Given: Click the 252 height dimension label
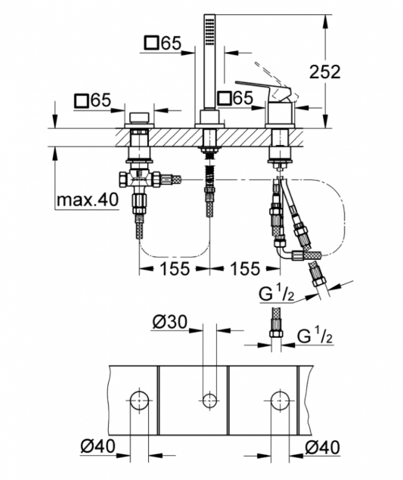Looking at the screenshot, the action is click(x=325, y=72).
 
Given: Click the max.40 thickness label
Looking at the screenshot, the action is click(x=87, y=200).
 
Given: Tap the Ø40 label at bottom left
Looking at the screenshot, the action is click(x=98, y=446).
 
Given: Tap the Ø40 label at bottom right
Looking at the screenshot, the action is click(x=323, y=447).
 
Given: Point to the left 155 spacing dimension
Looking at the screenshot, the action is click(x=175, y=269).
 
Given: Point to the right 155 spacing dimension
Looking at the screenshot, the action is click(x=245, y=269).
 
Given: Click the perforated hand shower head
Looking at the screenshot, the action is click(x=210, y=31).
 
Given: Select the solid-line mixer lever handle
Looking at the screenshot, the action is click(x=261, y=89).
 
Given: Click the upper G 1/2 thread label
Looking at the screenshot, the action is click(x=277, y=295).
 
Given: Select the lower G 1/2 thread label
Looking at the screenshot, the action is click(x=315, y=336).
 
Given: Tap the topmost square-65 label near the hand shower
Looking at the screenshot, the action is click(x=163, y=43).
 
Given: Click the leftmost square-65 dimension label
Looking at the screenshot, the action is click(x=92, y=100).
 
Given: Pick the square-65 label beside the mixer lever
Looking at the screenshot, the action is click(x=235, y=98).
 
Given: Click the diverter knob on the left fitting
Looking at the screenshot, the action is click(x=139, y=118).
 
